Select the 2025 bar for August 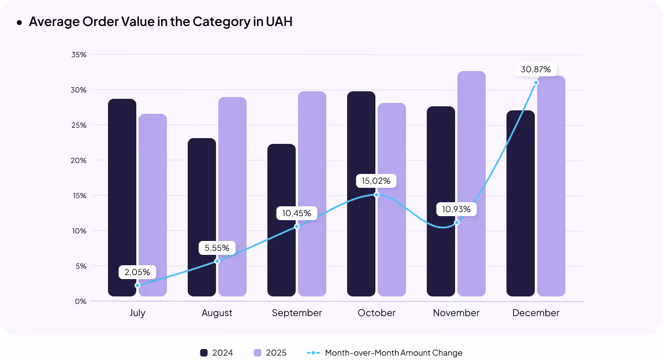232,196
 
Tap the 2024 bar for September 282,220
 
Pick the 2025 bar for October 392,199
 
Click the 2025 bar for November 471,184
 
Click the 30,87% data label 536,69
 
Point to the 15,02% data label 376,181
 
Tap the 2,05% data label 137,272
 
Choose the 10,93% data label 456,209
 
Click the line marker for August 217,261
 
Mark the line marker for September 297,227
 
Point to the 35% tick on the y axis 79,55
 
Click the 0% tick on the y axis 81,301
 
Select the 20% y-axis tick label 79,160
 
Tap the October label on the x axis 377,313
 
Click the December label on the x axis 536,313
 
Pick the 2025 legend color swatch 258,352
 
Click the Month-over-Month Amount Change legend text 393,352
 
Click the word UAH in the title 280,22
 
